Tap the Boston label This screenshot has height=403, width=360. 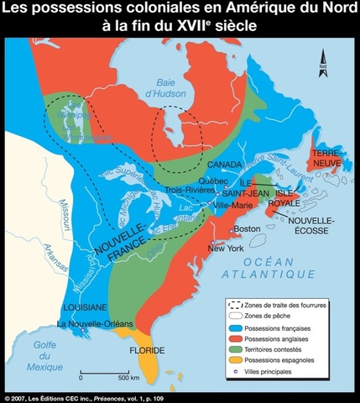pos(247,228)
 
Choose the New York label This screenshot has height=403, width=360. pos(224,248)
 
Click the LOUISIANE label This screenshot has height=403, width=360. pos(82,307)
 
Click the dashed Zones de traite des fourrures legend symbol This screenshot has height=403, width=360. pos(238,302)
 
